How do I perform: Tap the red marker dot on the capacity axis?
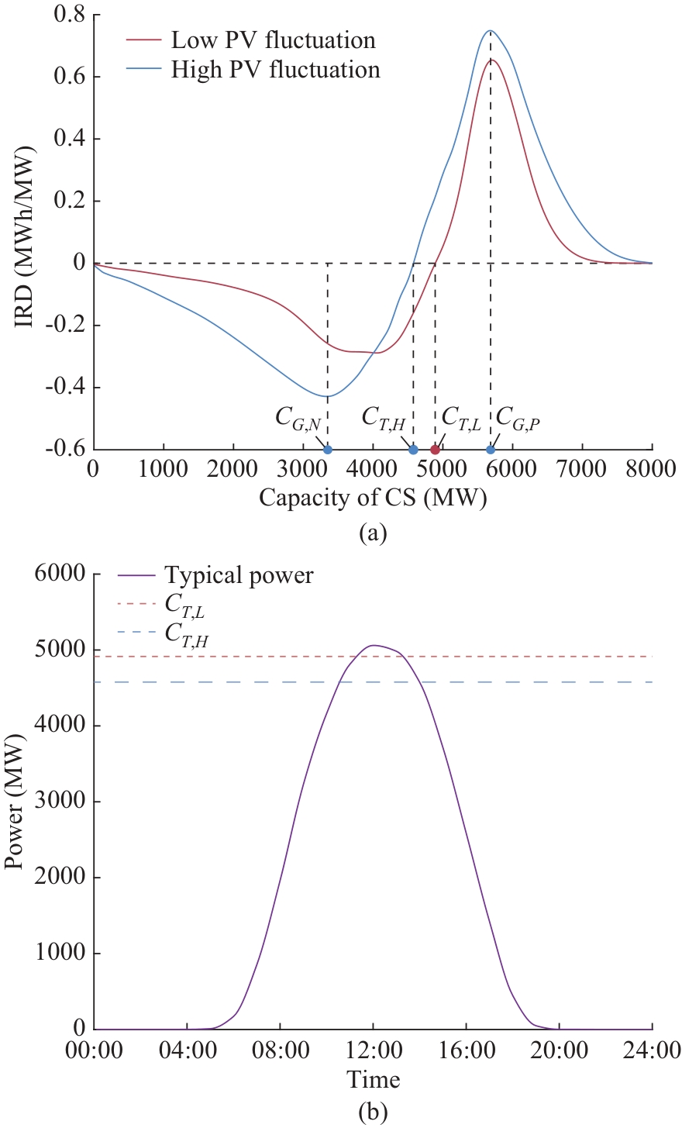coord(435,450)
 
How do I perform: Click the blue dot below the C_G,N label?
coord(328,450)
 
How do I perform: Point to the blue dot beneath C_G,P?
coord(491,450)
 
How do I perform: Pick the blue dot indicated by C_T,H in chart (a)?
coord(413,450)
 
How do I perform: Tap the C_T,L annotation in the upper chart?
coord(462,417)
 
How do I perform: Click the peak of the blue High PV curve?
coord(490,31)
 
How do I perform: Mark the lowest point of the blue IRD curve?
coord(328,396)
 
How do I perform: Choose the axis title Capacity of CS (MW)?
coord(373,498)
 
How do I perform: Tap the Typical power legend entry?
coord(239,576)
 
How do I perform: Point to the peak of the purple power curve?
coord(373,645)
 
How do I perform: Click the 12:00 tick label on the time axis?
coord(373,1051)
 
